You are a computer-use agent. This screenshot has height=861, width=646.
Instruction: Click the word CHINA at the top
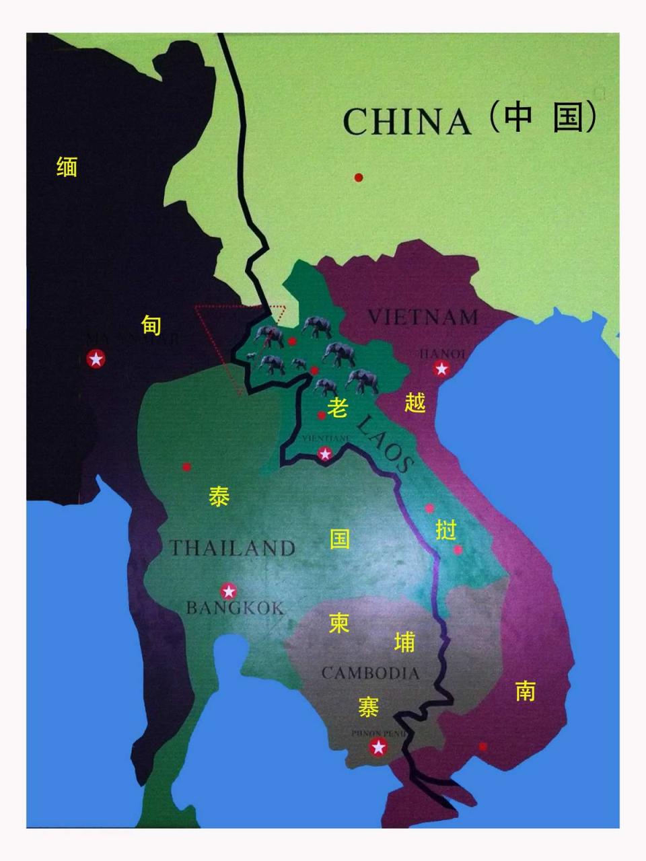tap(406, 122)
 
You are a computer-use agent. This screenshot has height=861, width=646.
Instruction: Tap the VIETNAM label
tap(423, 317)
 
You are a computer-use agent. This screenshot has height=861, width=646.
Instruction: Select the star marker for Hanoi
tap(441, 369)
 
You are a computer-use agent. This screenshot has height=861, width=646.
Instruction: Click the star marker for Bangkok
tap(229, 591)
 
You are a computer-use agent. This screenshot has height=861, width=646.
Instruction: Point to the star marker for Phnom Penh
tap(379, 747)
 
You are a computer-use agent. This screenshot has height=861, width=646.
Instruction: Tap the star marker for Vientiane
tap(325, 454)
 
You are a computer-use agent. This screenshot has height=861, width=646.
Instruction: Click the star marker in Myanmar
tap(96, 359)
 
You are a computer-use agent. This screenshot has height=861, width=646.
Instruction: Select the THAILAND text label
tap(232, 548)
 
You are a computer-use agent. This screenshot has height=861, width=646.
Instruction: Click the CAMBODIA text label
tap(370, 673)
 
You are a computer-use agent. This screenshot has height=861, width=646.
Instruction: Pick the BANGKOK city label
tap(235, 608)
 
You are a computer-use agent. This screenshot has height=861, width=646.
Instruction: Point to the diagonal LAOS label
tap(383, 443)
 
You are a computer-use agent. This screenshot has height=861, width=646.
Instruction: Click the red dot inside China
tap(359, 178)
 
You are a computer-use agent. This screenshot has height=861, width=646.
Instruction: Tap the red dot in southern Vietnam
tap(482, 746)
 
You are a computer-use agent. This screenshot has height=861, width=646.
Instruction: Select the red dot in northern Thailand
tap(186, 467)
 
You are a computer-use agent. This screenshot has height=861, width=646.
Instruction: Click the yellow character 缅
tap(67, 166)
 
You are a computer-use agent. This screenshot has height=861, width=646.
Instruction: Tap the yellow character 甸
tap(151, 325)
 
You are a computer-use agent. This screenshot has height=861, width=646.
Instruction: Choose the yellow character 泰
tap(219, 497)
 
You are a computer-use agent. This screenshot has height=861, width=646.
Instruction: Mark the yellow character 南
tap(525, 690)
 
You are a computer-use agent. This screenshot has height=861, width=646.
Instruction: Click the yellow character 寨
tap(368, 707)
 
